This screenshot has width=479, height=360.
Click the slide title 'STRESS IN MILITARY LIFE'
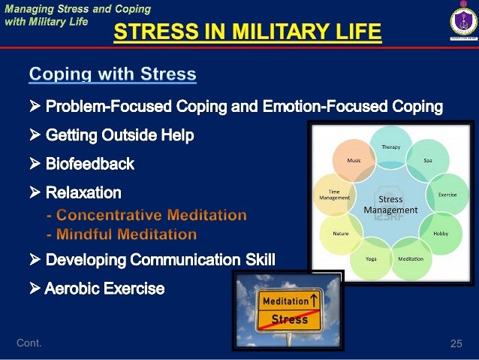[x=247, y=32]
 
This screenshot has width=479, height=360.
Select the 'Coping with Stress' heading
[x=113, y=74]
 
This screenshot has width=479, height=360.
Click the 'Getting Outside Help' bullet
[x=119, y=135]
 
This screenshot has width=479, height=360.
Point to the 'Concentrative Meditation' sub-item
[x=146, y=216]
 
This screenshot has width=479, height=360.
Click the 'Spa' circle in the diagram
[x=427, y=160]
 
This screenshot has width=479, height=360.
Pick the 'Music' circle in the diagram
[x=354, y=160]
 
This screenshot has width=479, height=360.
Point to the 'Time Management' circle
[x=335, y=195]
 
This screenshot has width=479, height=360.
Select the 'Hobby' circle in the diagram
[x=440, y=233]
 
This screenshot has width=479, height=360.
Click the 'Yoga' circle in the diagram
[x=371, y=258]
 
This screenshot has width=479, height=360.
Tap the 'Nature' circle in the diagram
[x=340, y=233]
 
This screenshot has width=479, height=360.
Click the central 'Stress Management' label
[x=390, y=204]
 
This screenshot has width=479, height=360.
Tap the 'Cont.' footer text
[x=29, y=343]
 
